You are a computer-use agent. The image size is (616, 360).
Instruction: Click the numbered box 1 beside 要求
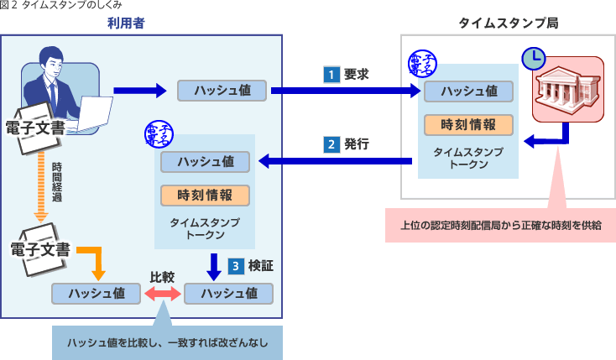(331, 74)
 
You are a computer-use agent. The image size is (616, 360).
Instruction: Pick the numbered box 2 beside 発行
(331, 143)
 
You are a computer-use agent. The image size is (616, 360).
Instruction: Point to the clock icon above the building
(533, 58)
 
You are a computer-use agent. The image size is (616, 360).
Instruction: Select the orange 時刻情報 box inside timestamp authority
(467, 124)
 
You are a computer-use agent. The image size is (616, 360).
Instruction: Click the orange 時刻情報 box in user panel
(206, 195)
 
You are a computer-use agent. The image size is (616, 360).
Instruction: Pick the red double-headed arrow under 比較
(162, 294)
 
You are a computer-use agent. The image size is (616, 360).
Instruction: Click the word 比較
(162, 275)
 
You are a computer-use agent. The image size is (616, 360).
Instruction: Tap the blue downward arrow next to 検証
(213, 266)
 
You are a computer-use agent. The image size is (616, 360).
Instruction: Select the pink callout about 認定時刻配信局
(499, 224)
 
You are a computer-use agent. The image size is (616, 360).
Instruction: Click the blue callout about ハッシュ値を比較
(166, 342)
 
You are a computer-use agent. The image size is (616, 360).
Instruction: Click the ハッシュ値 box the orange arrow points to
(97, 294)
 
